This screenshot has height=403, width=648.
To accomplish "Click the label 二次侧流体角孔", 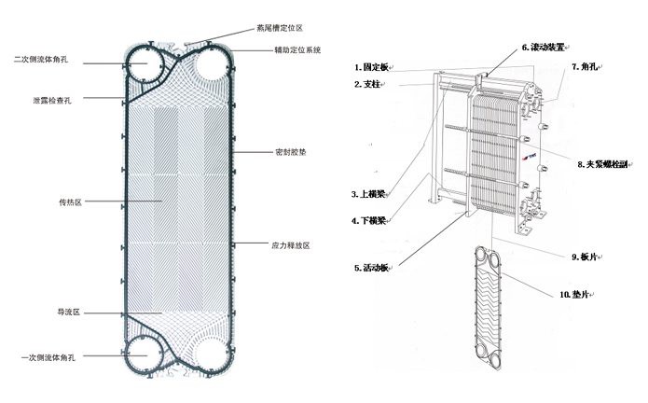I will pos(48,60).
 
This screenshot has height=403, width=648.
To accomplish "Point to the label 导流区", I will pos(70,310).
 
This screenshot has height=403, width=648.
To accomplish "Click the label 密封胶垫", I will pos(286,150).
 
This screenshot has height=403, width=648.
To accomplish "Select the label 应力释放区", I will pos(290,245).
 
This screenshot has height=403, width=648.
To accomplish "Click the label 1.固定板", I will pos(372,68).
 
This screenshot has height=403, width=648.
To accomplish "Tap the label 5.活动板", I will pos(370,268).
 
